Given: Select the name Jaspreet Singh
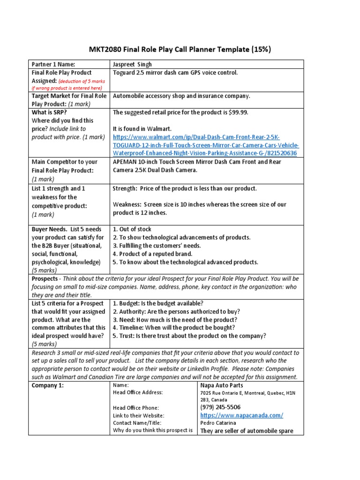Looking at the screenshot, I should [132, 64].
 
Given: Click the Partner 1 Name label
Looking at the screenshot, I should [53, 64].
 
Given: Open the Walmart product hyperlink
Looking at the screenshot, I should [205, 145].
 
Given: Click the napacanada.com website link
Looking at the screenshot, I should [241, 415].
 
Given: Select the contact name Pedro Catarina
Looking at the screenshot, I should [218, 423].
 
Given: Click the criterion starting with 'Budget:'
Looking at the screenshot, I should [158, 303].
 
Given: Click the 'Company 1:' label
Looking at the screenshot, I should [47, 385].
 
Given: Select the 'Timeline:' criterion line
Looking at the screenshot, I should [174, 328].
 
